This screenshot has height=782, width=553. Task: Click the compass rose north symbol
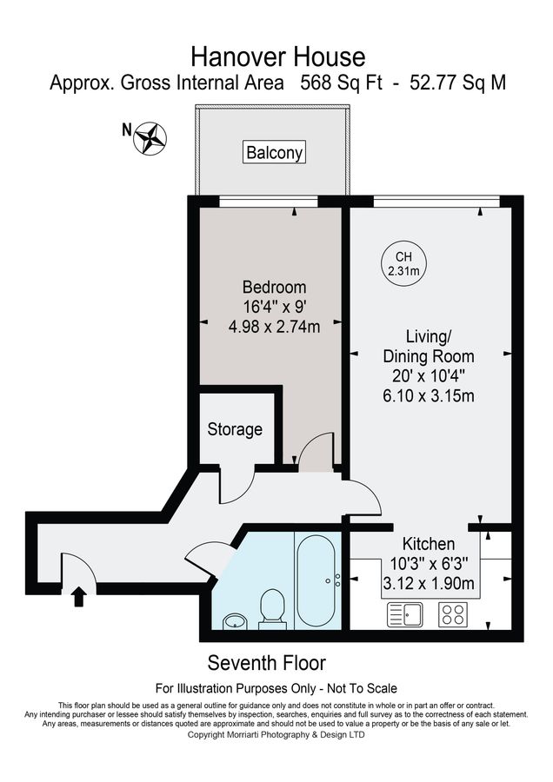[x=150, y=136]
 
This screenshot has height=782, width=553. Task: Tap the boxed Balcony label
[x=275, y=152]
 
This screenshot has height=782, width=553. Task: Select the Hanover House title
[x=277, y=57]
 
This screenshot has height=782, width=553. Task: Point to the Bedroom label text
[x=274, y=288]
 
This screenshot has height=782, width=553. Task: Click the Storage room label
[x=235, y=429]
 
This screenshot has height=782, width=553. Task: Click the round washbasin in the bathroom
[x=234, y=620]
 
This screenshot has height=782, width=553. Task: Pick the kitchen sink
[x=405, y=615]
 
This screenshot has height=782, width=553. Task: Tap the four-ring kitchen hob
[x=452, y=615]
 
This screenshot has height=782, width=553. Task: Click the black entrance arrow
[x=78, y=596]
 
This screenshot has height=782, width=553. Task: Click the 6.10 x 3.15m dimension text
[x=429, y=396]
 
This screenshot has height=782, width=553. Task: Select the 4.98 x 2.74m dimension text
[x=274, y=328]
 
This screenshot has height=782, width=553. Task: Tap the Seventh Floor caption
[x=266, y=664]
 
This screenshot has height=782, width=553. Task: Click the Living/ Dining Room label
[x=429, y=346]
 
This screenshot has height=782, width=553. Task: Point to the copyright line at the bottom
[x=276, y=735]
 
